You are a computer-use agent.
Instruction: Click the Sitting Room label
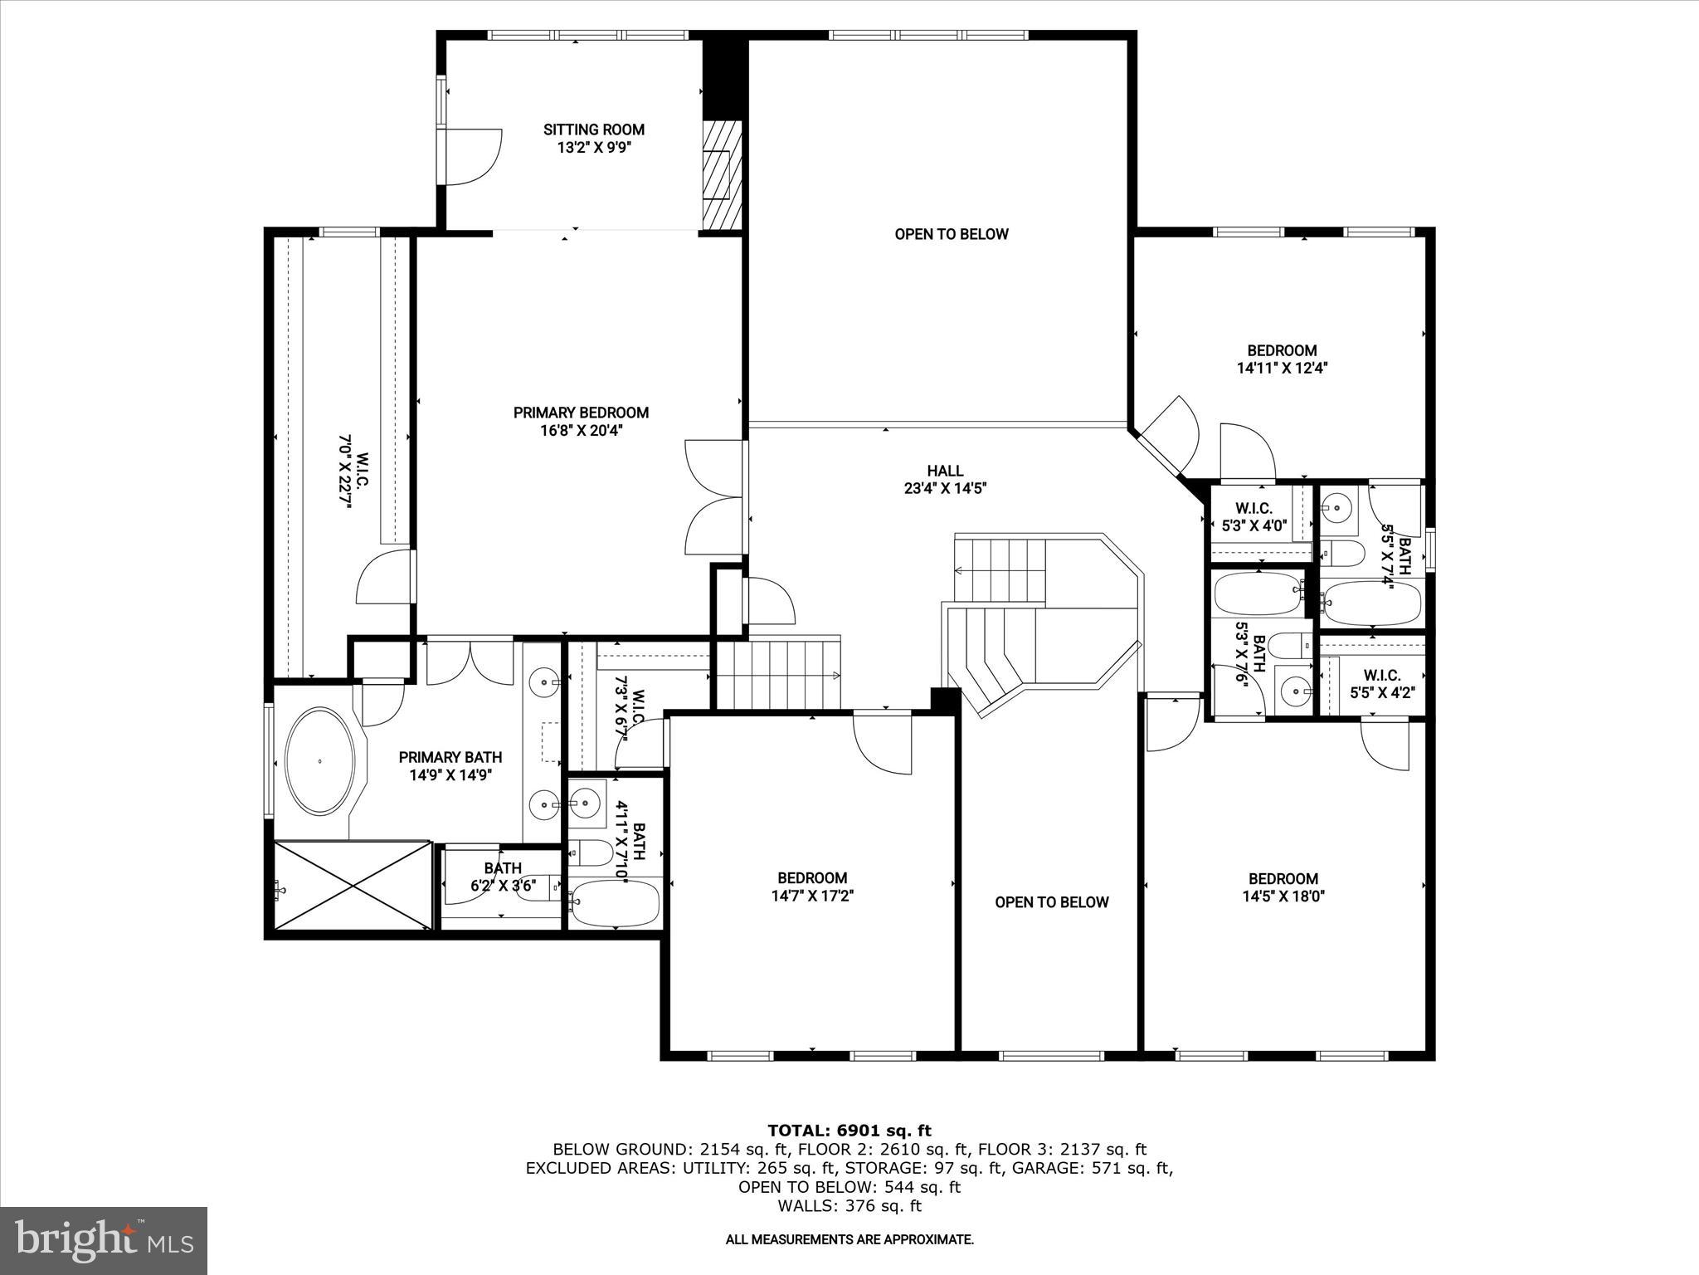[x=593, y=129]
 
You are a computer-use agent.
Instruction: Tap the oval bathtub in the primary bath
[x=319, y=761]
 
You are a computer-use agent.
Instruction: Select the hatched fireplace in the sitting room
[x=720, y=175]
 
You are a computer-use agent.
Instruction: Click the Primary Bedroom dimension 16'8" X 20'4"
[x=580, y=431]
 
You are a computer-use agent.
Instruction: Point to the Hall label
[x=945, y=471]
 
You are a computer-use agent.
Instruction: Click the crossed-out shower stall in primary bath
[x=353, y=886]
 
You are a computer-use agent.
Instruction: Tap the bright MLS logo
[x=104, y=1240]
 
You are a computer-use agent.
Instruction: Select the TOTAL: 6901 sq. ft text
[x=849, y=1131]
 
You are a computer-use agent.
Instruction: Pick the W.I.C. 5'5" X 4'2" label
[x=1381, y=684]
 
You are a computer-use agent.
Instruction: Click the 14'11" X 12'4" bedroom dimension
[x=1282, y=369]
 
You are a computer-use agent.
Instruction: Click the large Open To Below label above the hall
[x=951, y=234]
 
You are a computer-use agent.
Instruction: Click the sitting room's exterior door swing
[x=473, y=158]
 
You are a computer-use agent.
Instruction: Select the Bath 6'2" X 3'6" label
[x=503, y=877]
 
